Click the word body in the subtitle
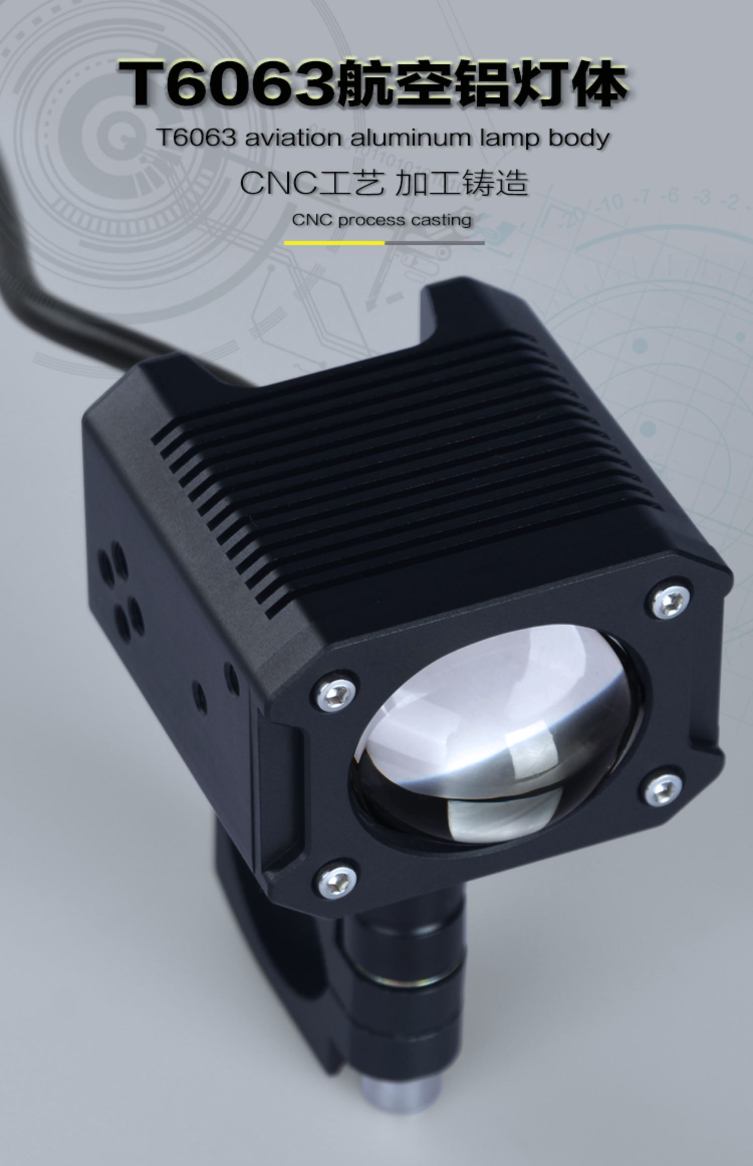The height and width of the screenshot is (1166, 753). [579, 138]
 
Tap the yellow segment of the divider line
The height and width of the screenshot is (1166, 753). [334, 243]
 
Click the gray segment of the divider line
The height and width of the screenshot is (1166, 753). [435, 243]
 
